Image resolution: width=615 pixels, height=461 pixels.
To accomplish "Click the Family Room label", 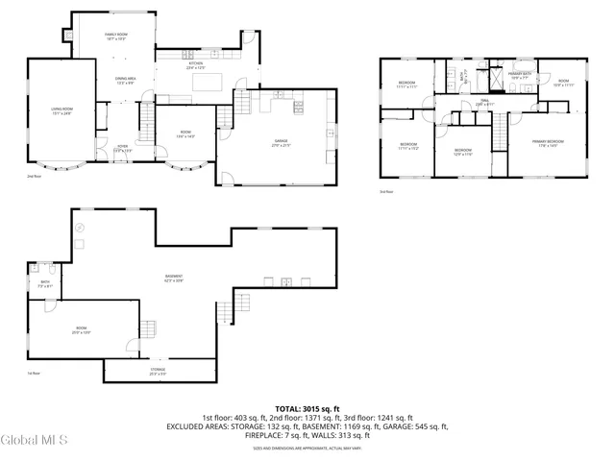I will pyautogui.click(x=116, y=35).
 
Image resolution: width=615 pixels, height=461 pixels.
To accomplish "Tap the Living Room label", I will pyautogui.click(x=62, y=110).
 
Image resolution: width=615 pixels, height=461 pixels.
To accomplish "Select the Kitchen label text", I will pyautogui.click(x=196, y=64).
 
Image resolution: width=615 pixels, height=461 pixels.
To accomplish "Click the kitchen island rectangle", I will pyautogui.click(x=208, y=82).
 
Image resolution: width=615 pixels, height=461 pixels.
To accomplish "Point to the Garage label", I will pyautogui.click(x=281, y=142).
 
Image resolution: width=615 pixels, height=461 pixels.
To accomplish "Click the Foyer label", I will pyautogui.click(x=123, y=147).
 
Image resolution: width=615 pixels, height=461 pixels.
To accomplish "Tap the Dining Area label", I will pyautogui.click(x=126, y=80).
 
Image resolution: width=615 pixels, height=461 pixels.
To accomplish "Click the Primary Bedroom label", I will pyautogui.click(x=549, y=142).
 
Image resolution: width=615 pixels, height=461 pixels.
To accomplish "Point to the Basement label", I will pyautogui.click(x=174, y=278).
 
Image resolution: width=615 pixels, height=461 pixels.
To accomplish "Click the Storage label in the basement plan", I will pyautogui.click(x=157, y=370).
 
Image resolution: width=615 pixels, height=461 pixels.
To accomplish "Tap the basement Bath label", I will pyautogui.click(x=43, y=283).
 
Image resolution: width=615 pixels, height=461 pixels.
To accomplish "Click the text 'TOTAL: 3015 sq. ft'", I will pyautogui.click(x=307, y=409).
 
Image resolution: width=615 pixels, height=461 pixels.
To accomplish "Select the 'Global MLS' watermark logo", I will pyautogui.click(x=35, y=441).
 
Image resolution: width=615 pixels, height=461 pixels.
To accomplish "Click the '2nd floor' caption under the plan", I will pyautogui.click(x=34, y=177).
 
